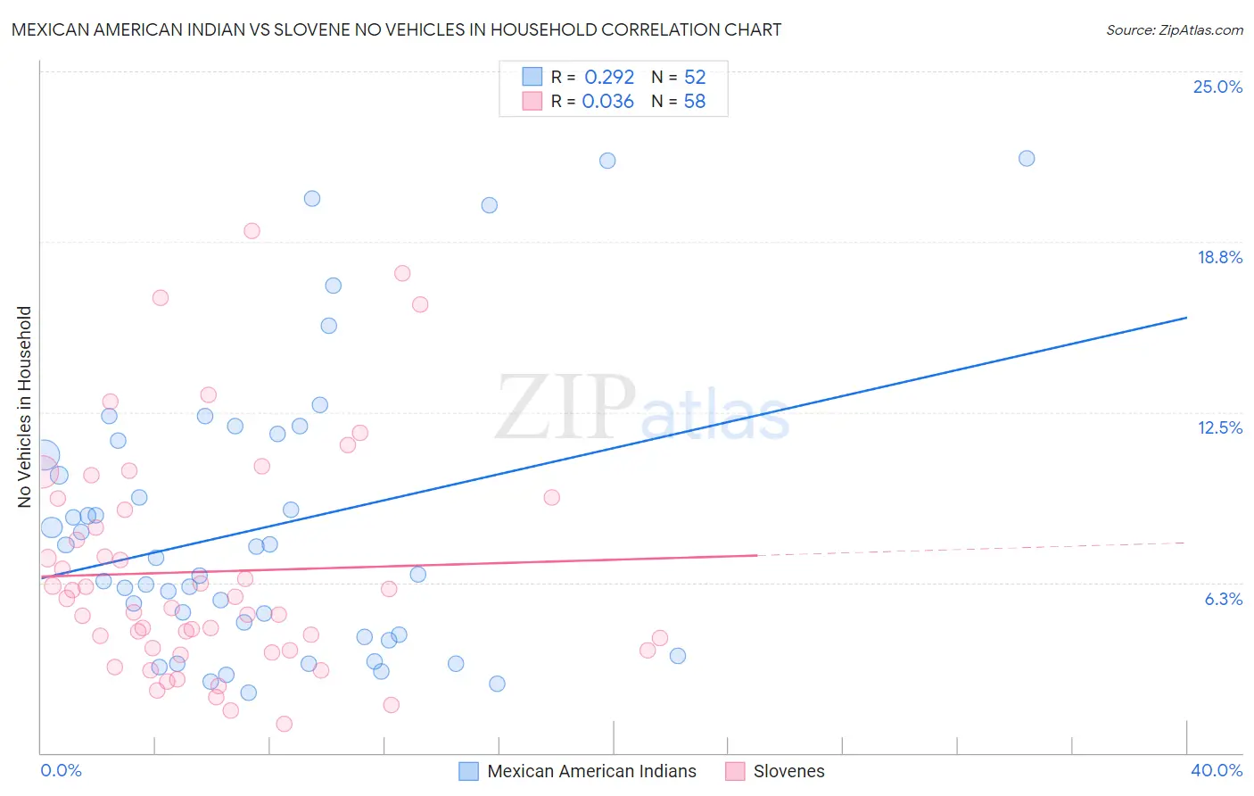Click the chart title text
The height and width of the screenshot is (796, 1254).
click(x=396, y=29)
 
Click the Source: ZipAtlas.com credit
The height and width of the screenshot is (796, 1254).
click(x=1174, y=29)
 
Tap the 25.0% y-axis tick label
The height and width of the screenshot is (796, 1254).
click(x=1217, y=87)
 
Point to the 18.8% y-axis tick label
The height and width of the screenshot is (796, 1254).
click(x=1218, y=257)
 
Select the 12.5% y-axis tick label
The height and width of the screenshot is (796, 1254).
click(x=1219, y=427)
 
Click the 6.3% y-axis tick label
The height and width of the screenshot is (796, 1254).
click(x=1223, y=599)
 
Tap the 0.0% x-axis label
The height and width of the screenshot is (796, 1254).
click(x=61, y=770)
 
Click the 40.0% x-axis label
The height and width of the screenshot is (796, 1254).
click(x=1216, y=770)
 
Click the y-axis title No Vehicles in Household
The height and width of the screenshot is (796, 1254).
click(x=24, y=407)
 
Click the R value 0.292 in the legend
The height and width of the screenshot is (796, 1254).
click(x=609, y=78)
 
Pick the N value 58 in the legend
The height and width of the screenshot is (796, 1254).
click(x=694, y=102)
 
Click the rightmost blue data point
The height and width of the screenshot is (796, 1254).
click(x=1027, y=158)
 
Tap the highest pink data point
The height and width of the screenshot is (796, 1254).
click(x=252, y=231)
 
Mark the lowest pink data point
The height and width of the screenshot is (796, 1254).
click(x=284, y=724)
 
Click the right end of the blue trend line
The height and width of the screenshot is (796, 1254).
click(x=1186, y=318)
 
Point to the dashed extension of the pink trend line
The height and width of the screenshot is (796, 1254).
click(x=972, y=549)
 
